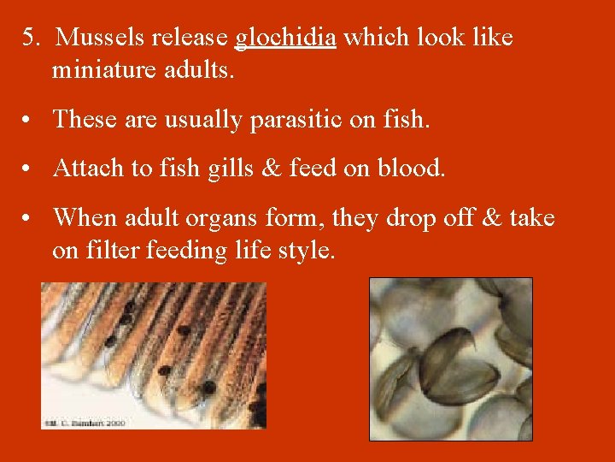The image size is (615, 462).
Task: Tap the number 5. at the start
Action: (x=32, y=38)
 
